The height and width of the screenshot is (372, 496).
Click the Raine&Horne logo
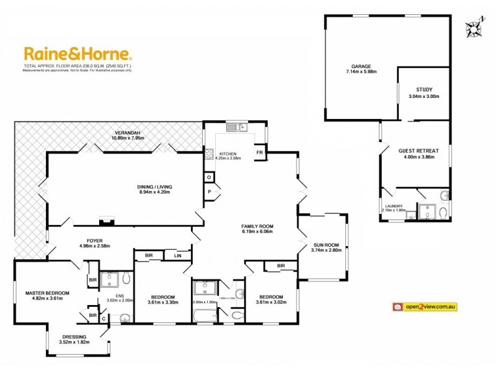[77, 54]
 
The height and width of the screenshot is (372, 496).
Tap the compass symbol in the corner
[474, 28]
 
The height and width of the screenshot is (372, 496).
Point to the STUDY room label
[424, 89]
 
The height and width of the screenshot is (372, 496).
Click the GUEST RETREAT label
[418, 151]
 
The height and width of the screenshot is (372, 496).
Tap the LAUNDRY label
[394, 206]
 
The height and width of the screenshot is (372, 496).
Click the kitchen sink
[236, 127]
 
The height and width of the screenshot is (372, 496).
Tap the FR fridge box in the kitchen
[259, 152]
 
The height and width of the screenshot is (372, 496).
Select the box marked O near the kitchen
[210, 177]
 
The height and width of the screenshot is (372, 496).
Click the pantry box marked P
[210, 192]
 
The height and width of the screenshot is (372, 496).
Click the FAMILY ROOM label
[257, 226]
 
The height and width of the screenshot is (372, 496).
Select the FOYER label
[95, 241]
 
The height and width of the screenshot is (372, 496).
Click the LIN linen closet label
[178, 255]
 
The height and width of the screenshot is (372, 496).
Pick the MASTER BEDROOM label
[47, 293]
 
